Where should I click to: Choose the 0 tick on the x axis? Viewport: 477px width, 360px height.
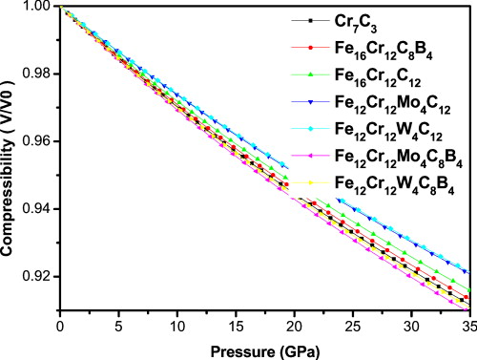(60, 325)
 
